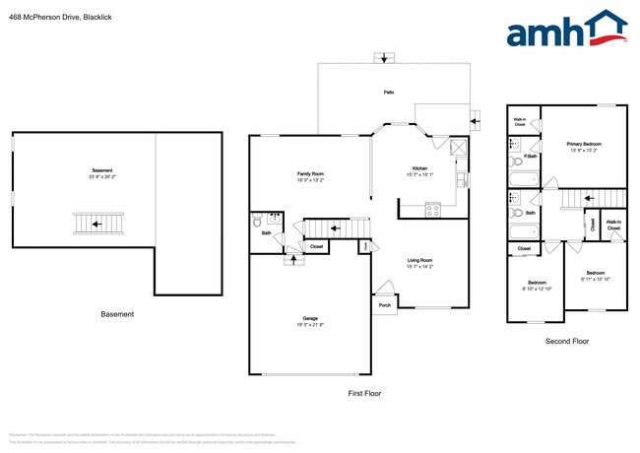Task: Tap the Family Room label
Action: click(x=310, y=173)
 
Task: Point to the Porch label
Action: click(x=384, y=305)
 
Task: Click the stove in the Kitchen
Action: click(x=431, y=208)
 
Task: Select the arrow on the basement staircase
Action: click(x=96, y=224)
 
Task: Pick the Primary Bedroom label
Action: click(x=584, y=144)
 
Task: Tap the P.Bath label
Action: click(x=529, y=157)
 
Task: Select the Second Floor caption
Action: click(x=566, y=341)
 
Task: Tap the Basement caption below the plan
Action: click(x=117, y=314)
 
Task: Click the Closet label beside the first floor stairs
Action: click(x=316, y=247)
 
